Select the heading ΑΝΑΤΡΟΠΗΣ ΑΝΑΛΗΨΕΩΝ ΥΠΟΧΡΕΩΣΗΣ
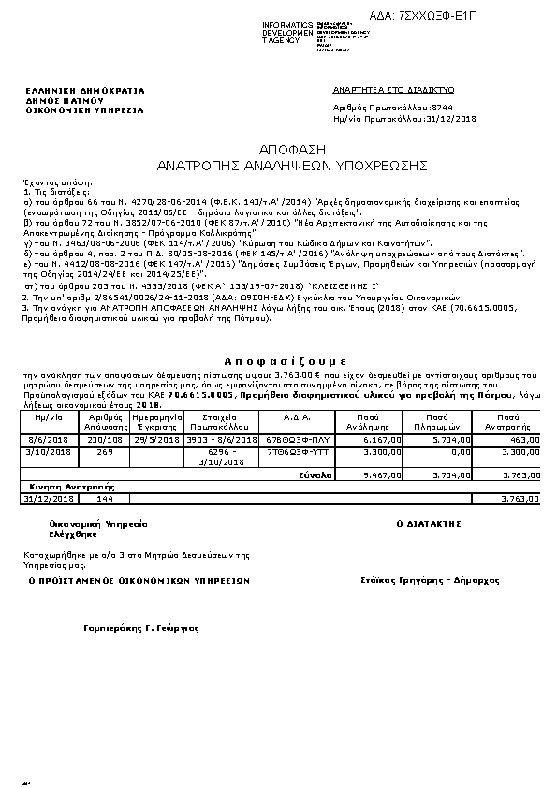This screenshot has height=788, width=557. [x=291, y=164]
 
